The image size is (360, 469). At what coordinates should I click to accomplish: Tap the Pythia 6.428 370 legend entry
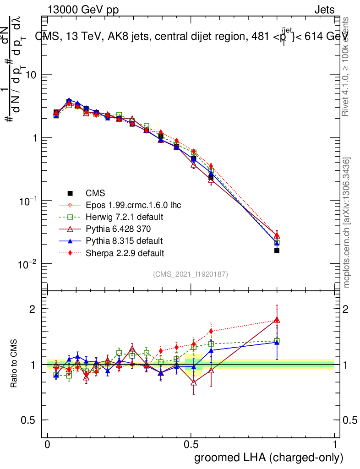[119, 229]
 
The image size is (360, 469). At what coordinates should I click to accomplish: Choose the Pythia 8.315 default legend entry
[124, 240]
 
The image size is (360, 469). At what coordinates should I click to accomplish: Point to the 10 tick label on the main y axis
[30, 75]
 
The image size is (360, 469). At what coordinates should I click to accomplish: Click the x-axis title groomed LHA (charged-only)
[269, 458]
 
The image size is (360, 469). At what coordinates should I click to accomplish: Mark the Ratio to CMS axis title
[15, 364]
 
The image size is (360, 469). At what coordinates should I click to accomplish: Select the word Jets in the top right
[324, 10]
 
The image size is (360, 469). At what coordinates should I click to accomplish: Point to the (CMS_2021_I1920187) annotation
[191, 274]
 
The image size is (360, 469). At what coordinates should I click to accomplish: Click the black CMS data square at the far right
[277, 251]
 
